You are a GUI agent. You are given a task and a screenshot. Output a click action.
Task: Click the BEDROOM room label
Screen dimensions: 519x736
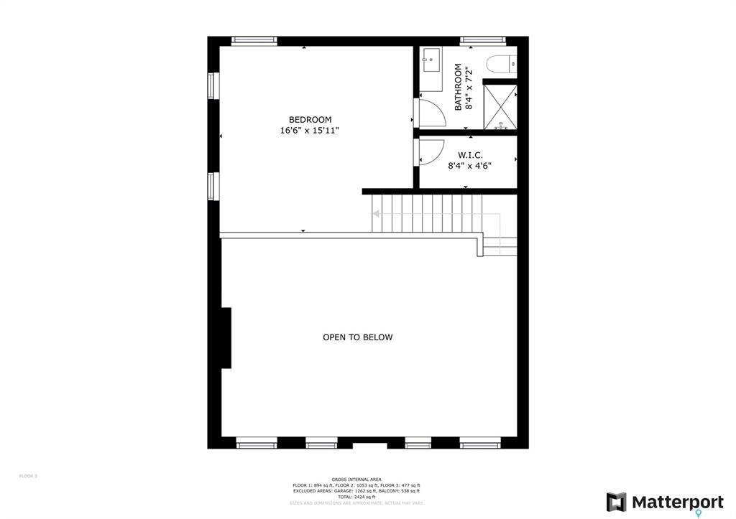click(x=310, y=120)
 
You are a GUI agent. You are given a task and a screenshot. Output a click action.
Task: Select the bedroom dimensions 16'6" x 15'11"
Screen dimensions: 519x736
click(x=309, y=131)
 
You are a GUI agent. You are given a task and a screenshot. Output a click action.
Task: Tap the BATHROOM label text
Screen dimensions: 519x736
click(x=458, y=87)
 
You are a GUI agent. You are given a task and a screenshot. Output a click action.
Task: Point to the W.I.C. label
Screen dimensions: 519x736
click(x=470, y=155)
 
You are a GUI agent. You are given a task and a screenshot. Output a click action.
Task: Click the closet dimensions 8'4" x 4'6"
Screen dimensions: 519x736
click(x=469, y=166)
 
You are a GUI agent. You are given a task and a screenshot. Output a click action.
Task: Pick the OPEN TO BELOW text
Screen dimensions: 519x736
click(x=357, y=337)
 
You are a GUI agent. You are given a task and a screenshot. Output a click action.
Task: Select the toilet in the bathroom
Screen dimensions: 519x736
click(x=501, y=65)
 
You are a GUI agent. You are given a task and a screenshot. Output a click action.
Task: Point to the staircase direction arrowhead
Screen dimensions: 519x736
click(x=375, y=213)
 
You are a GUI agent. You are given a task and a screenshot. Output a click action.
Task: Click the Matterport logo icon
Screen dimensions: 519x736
click(x=616, y=502)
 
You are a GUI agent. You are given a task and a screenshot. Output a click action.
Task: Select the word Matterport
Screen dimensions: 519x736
click(x=677, y=502)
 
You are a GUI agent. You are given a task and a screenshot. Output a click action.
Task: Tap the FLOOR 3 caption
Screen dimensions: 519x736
click(x=28, y=476)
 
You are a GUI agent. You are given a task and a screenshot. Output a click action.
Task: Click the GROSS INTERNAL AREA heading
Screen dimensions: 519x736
click(x=356, y=480)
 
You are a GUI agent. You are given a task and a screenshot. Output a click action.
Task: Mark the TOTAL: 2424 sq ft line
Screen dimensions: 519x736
click(x=356, y=497)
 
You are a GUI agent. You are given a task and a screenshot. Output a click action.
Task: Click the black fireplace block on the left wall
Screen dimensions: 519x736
click(x=226, y=337)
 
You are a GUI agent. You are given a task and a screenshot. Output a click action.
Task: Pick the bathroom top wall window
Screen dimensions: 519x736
click(x=482, y=41)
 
